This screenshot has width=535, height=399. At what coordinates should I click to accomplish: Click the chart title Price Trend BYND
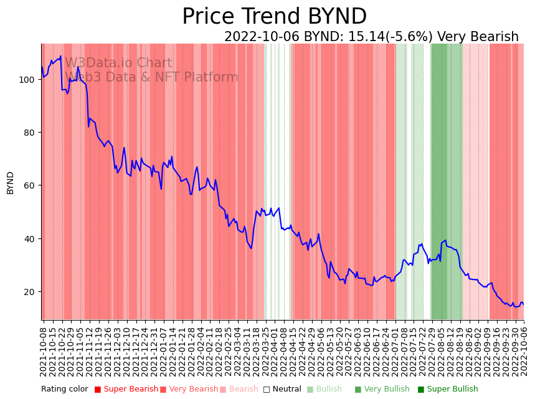click(274, 17)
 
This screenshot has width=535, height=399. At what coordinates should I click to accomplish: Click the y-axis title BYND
click(11, 183)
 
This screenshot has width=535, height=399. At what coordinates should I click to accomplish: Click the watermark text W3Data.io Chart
click(118, 63)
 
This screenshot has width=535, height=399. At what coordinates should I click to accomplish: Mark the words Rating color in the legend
click(65, 389)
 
